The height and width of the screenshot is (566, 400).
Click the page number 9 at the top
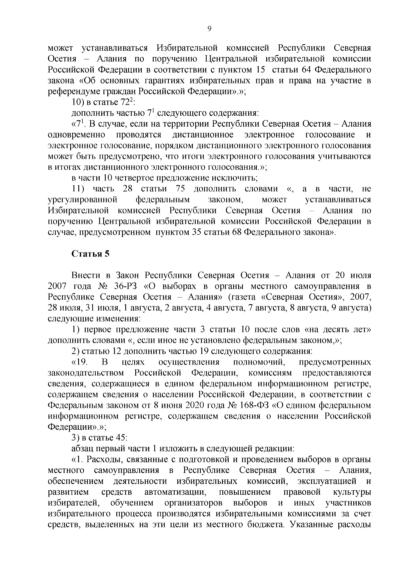[209, 29]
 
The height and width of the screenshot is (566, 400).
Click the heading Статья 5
[90, 253]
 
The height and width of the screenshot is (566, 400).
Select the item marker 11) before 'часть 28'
[79, 189]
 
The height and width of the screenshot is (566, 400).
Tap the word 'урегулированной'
[83, 200]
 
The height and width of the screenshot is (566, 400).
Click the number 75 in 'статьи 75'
[180, 189]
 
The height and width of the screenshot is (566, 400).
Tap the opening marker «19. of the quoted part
[80, 362]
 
